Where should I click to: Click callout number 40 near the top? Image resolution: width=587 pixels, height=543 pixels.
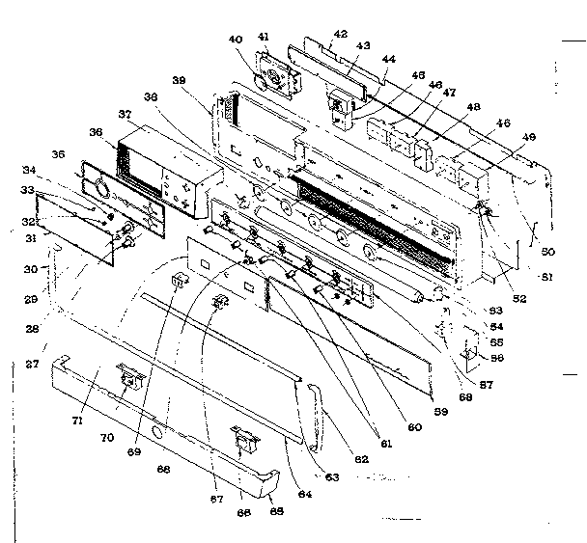(x=235, y=40)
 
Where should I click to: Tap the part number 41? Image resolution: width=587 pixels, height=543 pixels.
(x=263, y=37)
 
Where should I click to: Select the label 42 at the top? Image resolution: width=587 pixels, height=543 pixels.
(x=339, y=34)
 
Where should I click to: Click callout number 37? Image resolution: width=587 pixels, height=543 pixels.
(x=126, y=115)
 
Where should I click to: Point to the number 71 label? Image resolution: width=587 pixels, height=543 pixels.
(x=79, y=421)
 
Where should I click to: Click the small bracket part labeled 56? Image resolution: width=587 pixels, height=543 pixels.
(x=472, y=356)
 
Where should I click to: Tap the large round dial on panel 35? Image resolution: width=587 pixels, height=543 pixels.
(x=100, y=190)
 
